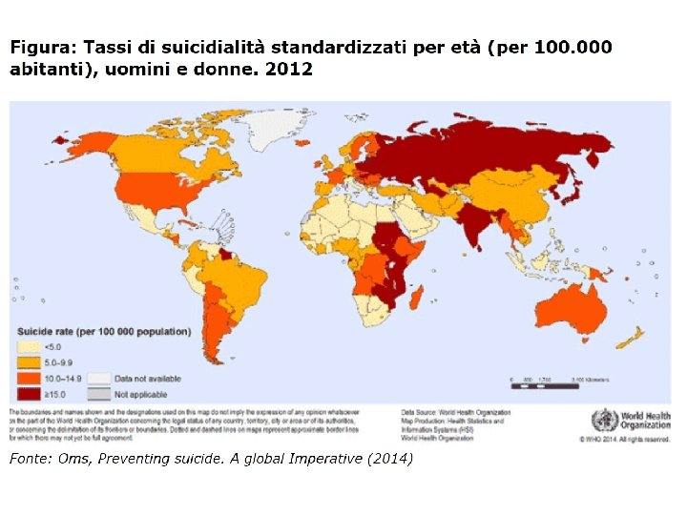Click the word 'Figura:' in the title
[x=42, y=48]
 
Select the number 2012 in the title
[x=288, y=69]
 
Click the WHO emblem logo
[x=604, y=420]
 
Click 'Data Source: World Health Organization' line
[x=456, y=413]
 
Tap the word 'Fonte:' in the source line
[x=30, y=460]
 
